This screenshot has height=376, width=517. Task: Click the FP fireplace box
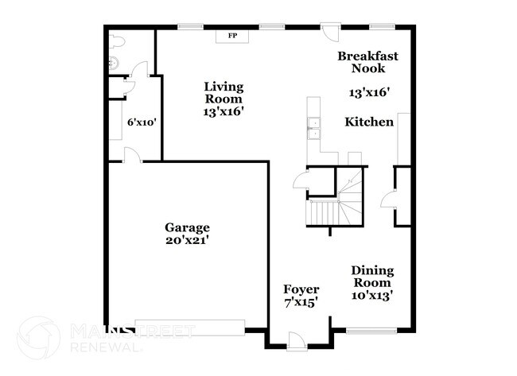(232, 36)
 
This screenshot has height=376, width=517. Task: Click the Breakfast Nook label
(367, 63)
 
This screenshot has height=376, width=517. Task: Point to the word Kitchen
(368, 122)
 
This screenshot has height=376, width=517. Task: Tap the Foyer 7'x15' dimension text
(301, 303)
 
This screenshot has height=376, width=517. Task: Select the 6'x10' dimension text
(141, 123)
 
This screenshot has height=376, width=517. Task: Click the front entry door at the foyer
(296, 340)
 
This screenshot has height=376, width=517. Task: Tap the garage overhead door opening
(190, 327)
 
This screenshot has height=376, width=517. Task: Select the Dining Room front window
(371, 328)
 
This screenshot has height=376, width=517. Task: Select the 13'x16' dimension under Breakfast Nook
(369, 93)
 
